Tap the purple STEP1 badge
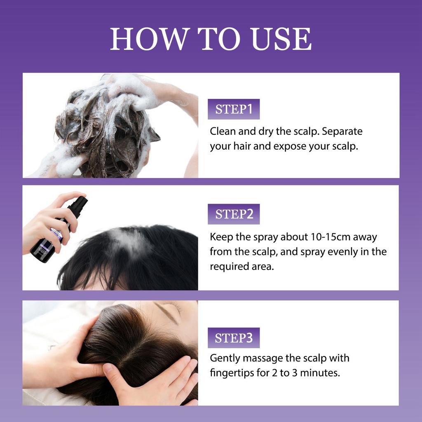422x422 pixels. click(234, 109)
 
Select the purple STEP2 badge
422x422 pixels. click(234, 214)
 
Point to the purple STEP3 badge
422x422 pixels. click(234, 338)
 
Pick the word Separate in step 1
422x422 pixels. click(343, 131)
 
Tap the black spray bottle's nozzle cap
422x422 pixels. click(78, 206)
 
